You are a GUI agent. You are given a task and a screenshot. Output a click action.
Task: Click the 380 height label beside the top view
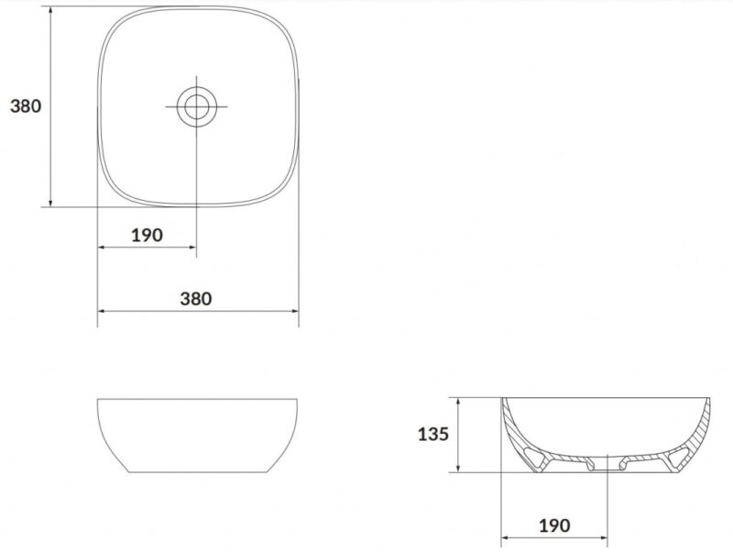pyautogui.click(x=26, y=106)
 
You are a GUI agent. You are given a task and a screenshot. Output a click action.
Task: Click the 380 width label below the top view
pyautogui.click(x=196, y=298)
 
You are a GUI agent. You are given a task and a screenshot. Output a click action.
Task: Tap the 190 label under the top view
pyautogui.click(x=147, y=235)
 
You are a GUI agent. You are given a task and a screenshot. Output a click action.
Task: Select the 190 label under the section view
pyautogui.click(x=554, y=525)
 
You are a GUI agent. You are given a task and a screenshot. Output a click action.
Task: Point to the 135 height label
pyautogui.click(x=432, y=434)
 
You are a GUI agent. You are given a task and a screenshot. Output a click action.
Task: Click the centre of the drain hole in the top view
pyautogui.click(x=196, y=106)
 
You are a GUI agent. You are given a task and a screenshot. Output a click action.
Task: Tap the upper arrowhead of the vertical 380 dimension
pyautogui.click(x=50, y=11)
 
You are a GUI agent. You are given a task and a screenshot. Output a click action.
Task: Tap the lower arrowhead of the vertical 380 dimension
pyautogui.click(x=50, y=202)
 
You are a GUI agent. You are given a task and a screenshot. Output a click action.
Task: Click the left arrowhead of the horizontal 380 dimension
pyautogui.click(x=102, y=311)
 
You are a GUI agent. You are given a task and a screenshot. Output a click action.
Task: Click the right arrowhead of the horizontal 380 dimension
pyautogui.click(x=294, y=311)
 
